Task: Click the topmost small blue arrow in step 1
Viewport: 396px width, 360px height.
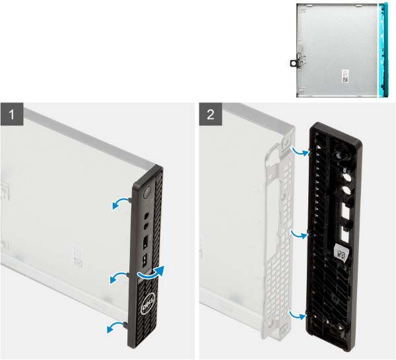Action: coord(119,204)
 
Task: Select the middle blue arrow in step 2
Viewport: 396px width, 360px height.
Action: coord(302,233)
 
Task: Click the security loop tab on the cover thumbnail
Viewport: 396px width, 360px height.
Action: coord(295,62)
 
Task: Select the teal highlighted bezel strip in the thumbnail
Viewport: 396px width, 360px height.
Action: coord(381,50)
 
